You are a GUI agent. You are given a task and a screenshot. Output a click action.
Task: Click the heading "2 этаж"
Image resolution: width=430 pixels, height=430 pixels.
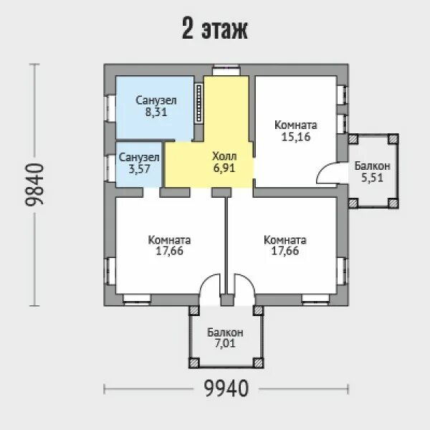(x=215, y=29)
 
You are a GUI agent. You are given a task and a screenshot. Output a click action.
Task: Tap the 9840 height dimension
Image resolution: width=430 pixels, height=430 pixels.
(x=34, y=185)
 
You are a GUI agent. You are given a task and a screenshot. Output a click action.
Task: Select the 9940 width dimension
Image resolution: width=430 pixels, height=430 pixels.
(x=226, y=388)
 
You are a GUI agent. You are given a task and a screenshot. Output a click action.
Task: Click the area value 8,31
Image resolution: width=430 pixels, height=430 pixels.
(x=156, y=113)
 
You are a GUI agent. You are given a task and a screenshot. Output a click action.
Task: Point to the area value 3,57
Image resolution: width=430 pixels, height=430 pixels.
(x=139, y=169)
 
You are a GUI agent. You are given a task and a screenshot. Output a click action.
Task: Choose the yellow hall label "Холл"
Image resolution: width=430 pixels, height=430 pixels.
(x=224, y=156)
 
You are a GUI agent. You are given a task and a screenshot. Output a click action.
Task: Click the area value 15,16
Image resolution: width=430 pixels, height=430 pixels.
(x=296, y=137)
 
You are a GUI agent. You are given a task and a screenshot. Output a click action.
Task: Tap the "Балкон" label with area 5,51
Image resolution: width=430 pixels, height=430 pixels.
(x=372, y=166)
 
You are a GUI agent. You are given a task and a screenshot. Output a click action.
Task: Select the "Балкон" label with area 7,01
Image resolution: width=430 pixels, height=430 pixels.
(x=225, y=333)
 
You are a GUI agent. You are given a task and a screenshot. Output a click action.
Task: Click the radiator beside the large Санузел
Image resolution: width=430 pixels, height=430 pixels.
(x=199, y=102)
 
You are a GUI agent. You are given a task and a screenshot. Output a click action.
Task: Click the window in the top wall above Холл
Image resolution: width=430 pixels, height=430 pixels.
(x=226, y=70)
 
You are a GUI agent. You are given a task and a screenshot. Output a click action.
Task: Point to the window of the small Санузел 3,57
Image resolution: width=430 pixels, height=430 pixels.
(x=110, y=168)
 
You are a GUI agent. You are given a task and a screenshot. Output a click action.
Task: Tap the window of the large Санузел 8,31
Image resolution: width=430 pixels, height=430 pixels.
(x=110, y=108)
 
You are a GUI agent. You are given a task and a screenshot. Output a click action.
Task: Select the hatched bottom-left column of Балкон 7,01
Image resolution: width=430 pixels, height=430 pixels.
(x=194, y=363)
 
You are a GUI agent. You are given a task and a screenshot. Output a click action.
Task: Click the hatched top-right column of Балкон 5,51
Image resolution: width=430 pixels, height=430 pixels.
(x=393, y=139)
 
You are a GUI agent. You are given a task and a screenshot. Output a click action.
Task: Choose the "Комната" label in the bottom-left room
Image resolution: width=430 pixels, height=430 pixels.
(x=169, y=240)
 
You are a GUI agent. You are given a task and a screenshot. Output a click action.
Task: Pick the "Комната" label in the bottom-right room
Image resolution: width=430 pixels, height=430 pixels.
(x=285, y=240)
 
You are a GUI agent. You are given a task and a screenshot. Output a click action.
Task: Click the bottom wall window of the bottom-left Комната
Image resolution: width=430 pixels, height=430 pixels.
(x=137, y=300)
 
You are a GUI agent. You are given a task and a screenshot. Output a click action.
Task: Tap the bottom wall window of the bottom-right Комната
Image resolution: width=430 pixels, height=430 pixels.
(x=315, y=300)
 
